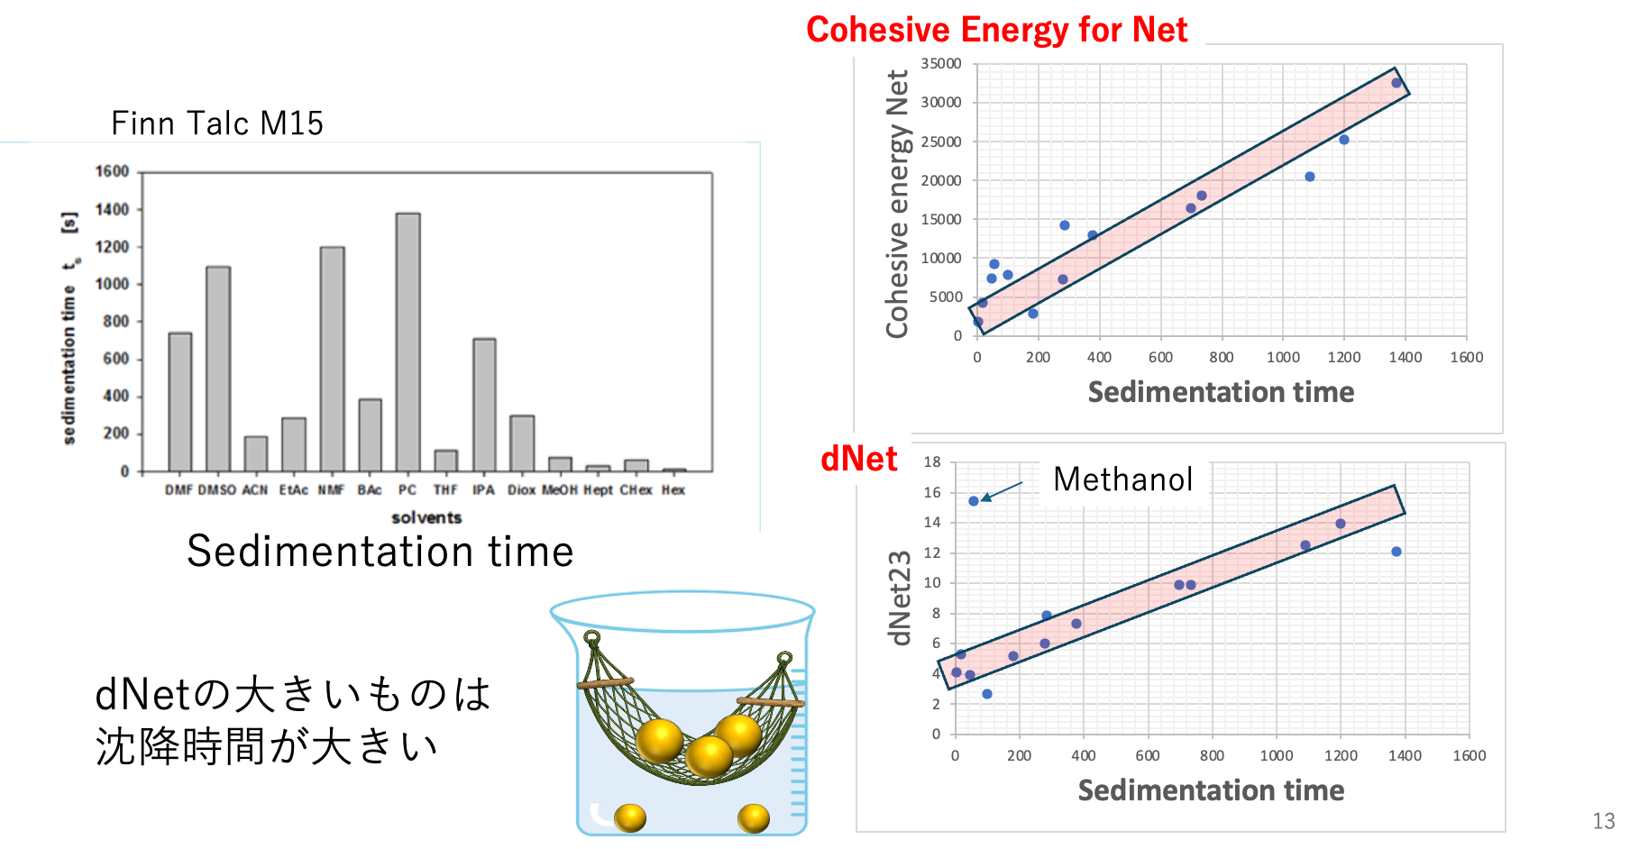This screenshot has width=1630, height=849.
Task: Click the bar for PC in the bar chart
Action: coord(407,342)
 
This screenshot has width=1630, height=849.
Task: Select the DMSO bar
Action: coord(218,369)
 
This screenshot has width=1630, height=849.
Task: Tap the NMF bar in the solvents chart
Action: coord(332,359)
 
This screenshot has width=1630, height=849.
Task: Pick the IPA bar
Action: coord(484,405)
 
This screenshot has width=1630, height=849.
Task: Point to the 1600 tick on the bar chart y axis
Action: coord(113,171)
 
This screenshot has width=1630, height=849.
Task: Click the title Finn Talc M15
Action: coord(217,123)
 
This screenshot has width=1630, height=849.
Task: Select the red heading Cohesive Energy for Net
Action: coord(996,30)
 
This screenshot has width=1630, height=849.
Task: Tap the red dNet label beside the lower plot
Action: coord(858,459)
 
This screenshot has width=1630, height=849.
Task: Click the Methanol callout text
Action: coord(1123,479)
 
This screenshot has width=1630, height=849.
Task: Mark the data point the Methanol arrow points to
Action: coord(974,501)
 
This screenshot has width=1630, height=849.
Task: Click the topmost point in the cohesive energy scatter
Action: coord(1396,83)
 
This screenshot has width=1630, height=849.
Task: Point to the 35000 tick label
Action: coord(941,64)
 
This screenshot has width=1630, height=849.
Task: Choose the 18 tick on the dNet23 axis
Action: coord(932,462)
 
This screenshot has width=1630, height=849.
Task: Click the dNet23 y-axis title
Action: coord(900,598)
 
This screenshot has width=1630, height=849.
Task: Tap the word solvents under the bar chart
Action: coord(426,517)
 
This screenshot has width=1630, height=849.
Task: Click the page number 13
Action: coord(1604,821)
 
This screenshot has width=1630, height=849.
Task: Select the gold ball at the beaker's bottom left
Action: coord(630,817)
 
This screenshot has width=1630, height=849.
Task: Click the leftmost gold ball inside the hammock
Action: coord(660,741)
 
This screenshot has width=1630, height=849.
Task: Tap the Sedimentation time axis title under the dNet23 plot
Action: coord(1212,790)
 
